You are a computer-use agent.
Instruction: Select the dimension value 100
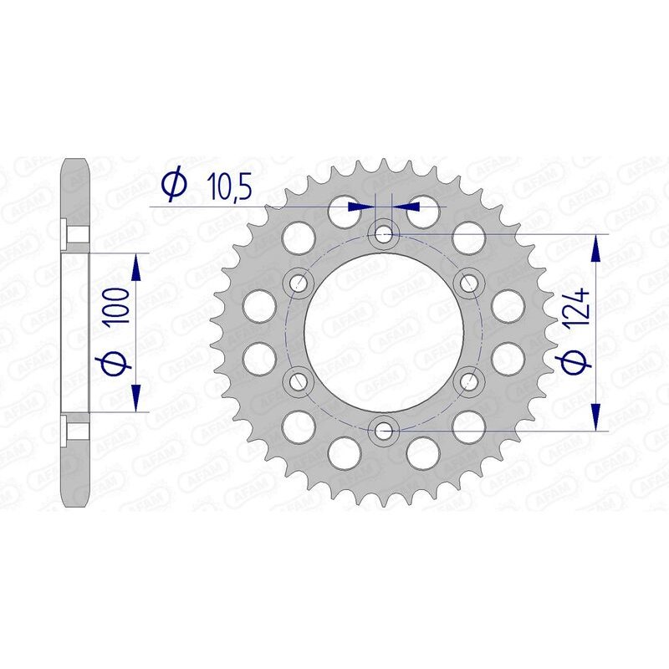click(x=119, y=307)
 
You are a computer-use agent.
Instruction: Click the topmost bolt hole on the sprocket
click(x=384, y=233)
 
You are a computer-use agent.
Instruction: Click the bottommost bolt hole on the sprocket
click(x=384, y=431)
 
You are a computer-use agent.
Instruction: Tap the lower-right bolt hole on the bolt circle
click(x=469, y=381)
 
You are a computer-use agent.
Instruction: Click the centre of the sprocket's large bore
click(x=384, y=332)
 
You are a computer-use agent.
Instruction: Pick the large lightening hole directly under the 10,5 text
click(x=344, y=210)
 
